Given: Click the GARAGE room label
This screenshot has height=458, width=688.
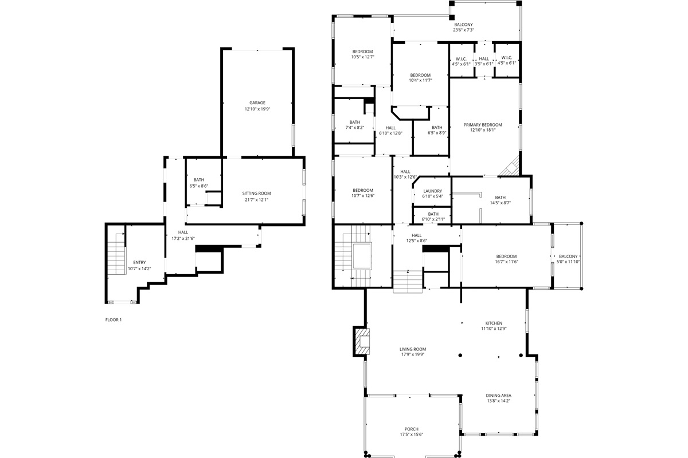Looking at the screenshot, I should tap(257, 103).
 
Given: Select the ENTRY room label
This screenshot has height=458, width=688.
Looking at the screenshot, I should tap(139, 263).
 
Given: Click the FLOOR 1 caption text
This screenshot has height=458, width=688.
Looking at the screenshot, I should tap(114, 320).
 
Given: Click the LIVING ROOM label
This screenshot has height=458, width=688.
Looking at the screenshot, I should tap(412, 349).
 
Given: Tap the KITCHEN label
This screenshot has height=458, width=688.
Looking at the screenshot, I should tap(493, 323).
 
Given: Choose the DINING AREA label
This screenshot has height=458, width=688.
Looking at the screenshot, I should tap(498, 396).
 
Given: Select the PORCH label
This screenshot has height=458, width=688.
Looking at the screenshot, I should tap(411, 429).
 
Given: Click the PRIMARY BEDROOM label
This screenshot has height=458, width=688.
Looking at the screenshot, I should tap(483, 125).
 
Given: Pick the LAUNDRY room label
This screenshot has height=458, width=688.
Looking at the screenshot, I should tap(432, 191).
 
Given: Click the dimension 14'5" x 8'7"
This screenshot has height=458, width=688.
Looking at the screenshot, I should tap(500, 203).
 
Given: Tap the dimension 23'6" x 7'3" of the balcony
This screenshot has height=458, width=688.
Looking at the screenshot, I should tap(463, 30).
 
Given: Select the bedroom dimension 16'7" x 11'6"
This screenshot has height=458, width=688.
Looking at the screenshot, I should tap(506, 262).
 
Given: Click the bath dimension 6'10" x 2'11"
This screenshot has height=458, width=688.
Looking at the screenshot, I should tap(432, 219).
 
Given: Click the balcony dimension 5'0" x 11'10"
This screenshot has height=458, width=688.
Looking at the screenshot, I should tap(568, 262).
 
